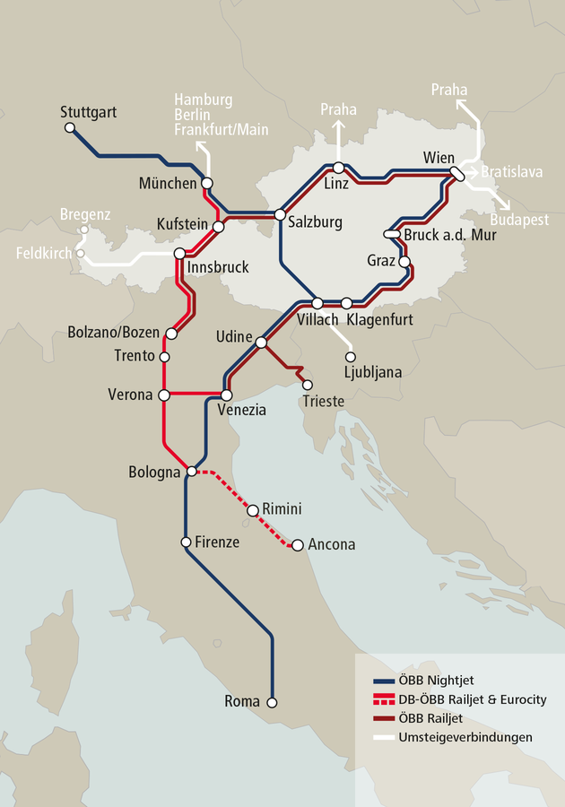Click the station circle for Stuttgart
(x=70, y=128)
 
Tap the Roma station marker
(x=273, y=702)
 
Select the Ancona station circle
(x=297, y=544)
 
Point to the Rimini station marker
(x=252, y=509)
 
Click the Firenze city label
(x=217, y=542)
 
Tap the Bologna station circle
(x=191, y=472)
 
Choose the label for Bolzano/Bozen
(x=114, y=333)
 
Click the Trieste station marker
(x=308, y=385)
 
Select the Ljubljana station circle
(x=351, y=356)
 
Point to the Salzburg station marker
(x=280, y=215)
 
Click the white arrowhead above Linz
(x=338, y=126)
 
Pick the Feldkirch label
(x=43, y=254)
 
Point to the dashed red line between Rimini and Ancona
(x=274, y=528)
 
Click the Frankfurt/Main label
(x=222, y=130)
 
